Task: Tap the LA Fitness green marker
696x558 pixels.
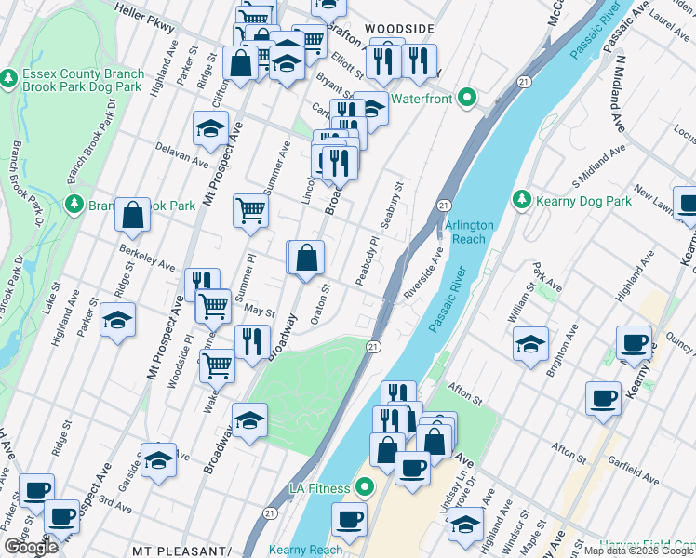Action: [364, 487]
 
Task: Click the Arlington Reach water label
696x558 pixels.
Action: [469, 232]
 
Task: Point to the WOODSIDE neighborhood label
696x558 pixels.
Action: [399, 30]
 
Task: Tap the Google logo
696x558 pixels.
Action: [31, 547]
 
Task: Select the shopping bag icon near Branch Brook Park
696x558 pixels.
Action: [133, 215]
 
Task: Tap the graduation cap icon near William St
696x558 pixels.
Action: [530, 345]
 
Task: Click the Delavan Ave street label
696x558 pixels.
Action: [182, 154]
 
